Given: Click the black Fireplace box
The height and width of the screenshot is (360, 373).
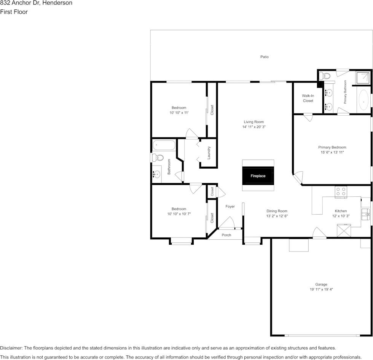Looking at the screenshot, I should point(258,176).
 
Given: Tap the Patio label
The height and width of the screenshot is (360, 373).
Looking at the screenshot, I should point(265,57).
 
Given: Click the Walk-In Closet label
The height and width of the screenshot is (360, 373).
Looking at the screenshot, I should point(308,98).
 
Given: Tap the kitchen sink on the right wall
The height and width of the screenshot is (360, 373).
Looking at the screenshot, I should point(366,214).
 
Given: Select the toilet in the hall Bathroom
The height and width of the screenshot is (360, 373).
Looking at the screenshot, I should point(158,157).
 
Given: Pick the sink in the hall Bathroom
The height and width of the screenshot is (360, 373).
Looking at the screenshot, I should point(156,175).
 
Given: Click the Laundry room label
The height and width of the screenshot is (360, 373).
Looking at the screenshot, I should point(209,153).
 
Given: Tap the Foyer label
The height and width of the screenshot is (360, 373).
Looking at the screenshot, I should point(230,206).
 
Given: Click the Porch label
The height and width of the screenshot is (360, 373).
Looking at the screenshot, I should point(226,235).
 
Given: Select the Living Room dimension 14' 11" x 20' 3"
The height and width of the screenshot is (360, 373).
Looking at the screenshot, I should point(254,127).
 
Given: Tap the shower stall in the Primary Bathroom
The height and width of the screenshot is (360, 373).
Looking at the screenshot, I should point(363,78).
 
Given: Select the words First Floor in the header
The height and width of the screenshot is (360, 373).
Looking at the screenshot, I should point(14,12).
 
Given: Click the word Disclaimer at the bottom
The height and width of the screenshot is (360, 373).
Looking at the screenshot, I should point(11,348).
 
